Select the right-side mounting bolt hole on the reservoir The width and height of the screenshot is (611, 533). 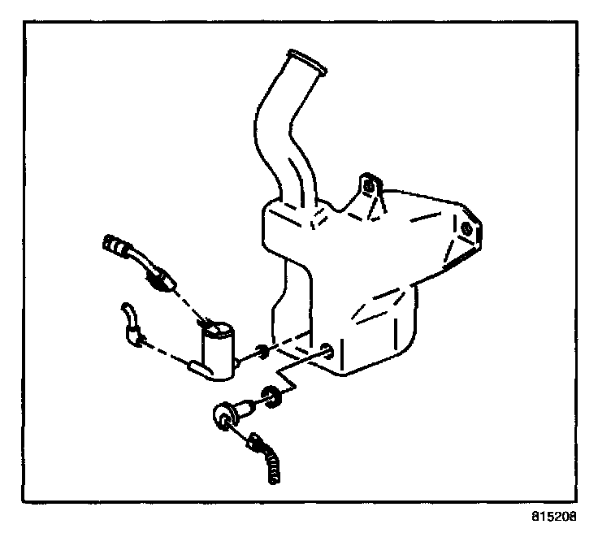(x=467, y=231)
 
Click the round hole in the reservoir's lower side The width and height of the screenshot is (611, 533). (x=328, y=351)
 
